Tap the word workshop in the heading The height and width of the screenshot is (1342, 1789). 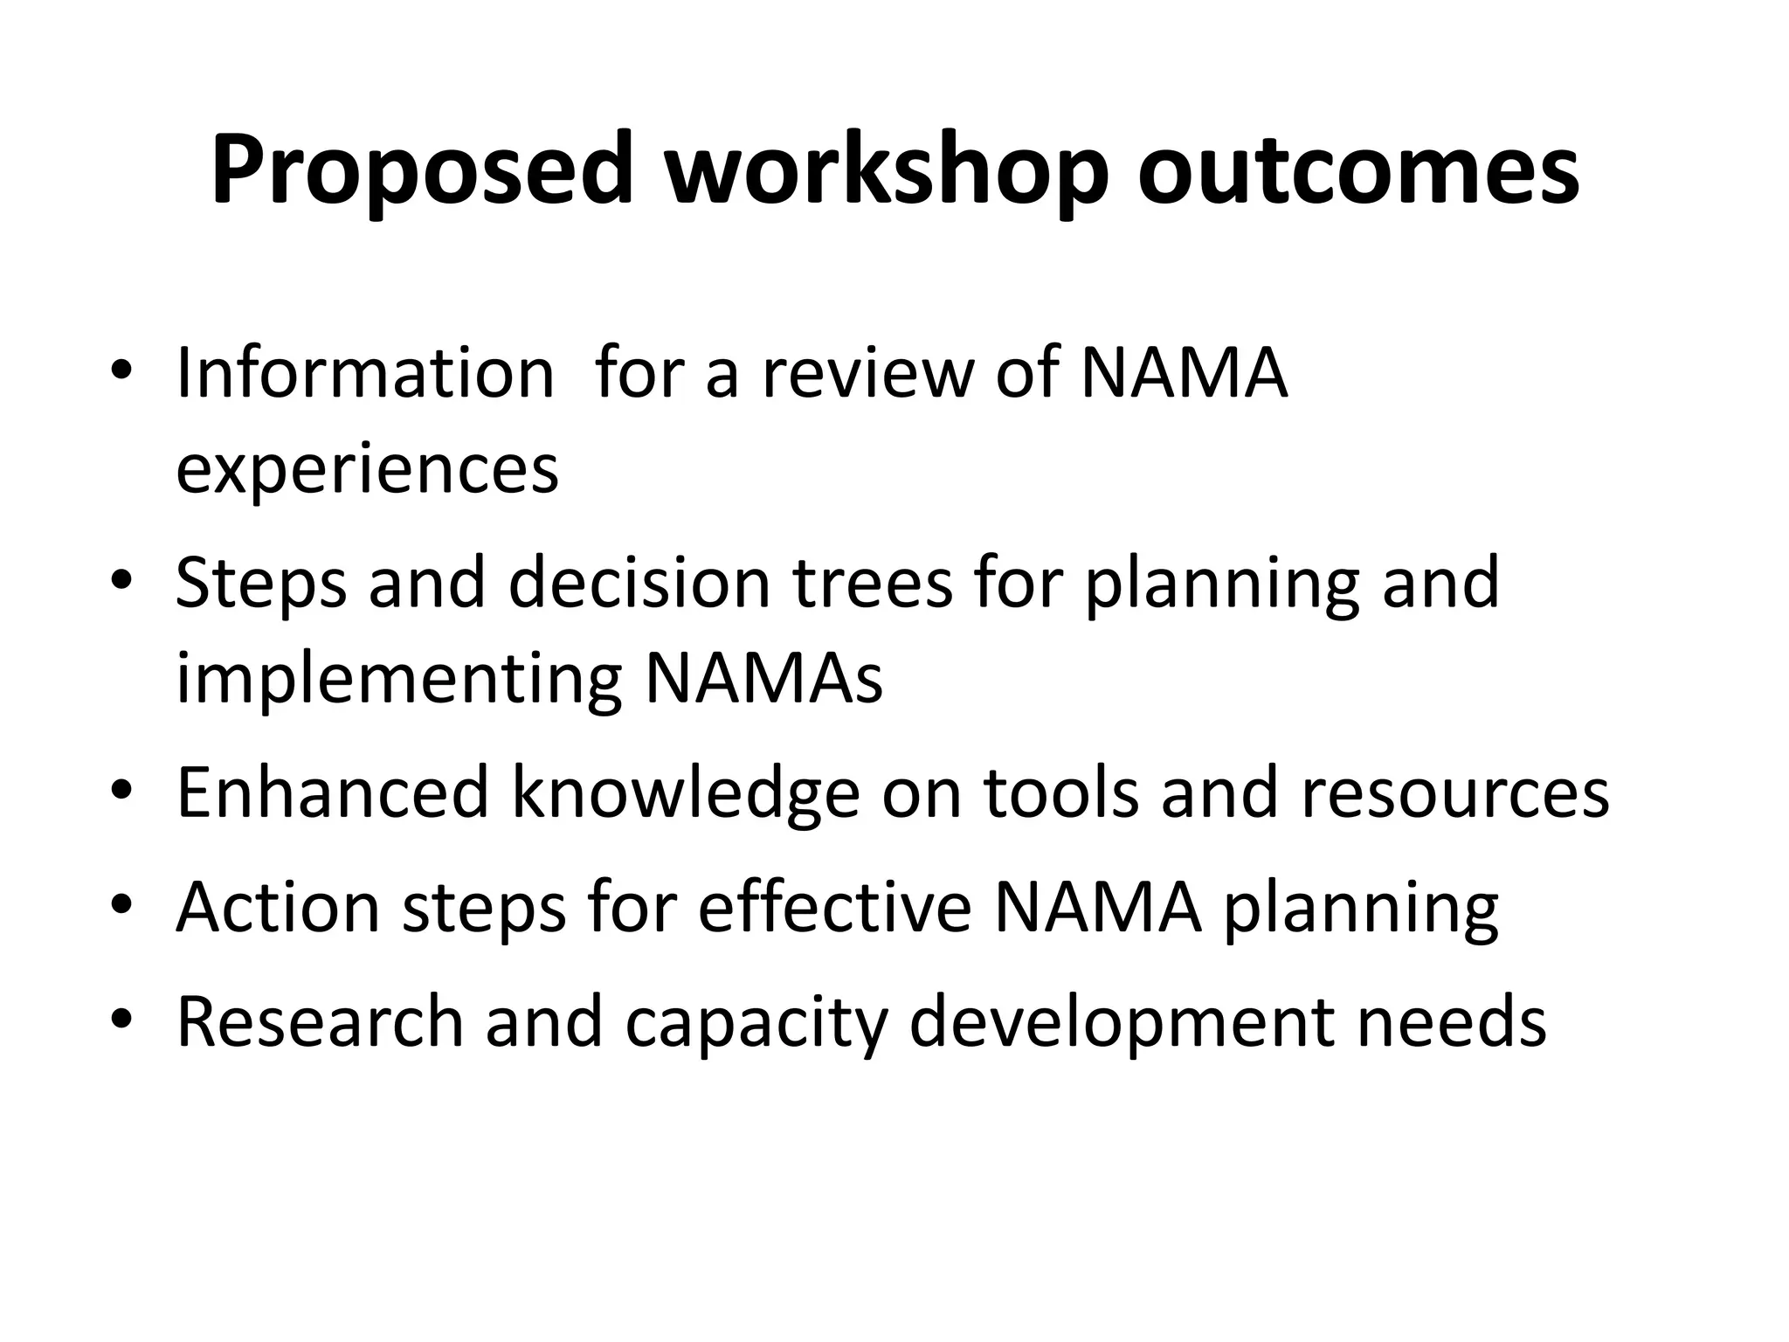[x=885, y=170]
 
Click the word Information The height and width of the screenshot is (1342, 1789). [x=365, y=373]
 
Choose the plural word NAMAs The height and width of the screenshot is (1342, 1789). [x=763, y=679]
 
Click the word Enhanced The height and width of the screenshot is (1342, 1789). [x=332, y=792]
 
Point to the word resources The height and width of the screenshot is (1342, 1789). [x=1454, y=792]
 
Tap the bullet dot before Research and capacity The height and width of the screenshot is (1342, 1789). [x=121, y=1019]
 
